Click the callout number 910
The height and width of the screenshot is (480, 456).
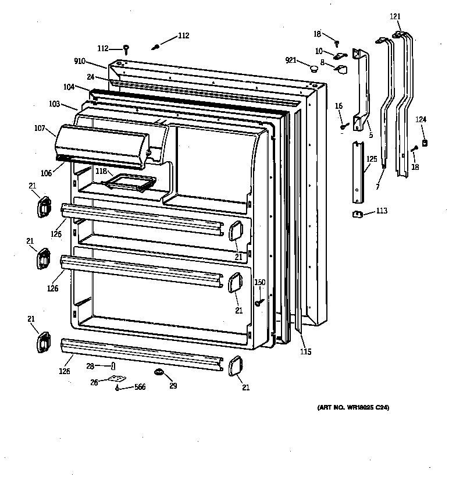[80, 61]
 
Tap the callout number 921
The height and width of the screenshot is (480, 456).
[291, 60]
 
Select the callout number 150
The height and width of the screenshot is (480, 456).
[260, 283]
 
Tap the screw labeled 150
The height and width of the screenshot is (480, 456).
[258, 303]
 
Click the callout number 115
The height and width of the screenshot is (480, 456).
[305, 351]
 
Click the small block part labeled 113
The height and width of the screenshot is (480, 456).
[358, 214]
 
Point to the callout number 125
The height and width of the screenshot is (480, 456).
[372, 158]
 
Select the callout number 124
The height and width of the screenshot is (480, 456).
[421, 120]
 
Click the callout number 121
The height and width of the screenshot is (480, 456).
[395, 17]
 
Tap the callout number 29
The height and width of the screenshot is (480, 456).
[173, 386]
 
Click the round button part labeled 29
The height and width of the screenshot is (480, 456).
[158, 372]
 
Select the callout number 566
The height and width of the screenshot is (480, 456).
[140, 387]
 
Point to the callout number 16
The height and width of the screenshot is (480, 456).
[339, 105]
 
